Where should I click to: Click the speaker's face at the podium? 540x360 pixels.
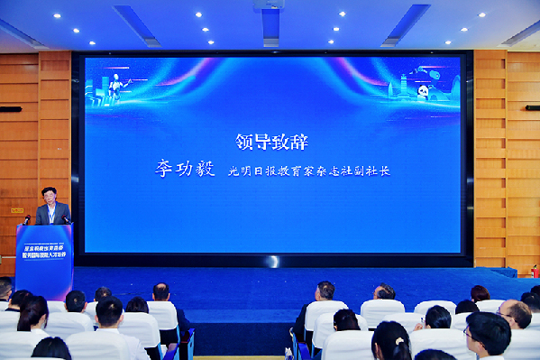49,196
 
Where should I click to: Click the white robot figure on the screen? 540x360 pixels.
115,87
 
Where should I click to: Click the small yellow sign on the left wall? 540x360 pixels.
16,209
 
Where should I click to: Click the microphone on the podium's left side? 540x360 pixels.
27,219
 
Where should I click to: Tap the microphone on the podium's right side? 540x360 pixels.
67,218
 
